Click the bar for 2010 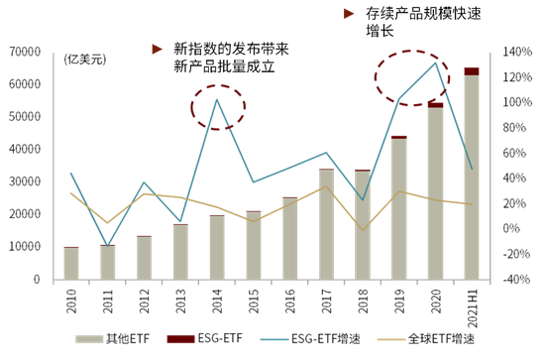[x=71, y=263]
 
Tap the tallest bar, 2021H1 [x=471, y=175]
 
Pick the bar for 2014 [x=217, y=247]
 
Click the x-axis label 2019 [x=399, y=300]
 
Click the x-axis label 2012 [x=145, y=300]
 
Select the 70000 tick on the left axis [x=24, y=52]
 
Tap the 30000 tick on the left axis [x=24, y=181]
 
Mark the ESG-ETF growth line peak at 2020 [x=435, y=63]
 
